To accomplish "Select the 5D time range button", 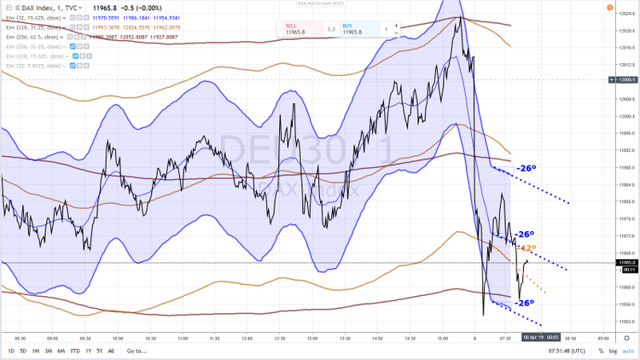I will point(23,351).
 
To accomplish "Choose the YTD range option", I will point(75,351).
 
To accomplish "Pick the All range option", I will point(111,351).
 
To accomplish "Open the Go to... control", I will point(137,351).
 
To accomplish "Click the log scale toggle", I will point(613,351).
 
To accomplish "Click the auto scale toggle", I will point(625,351).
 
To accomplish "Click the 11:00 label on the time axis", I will point(182,338).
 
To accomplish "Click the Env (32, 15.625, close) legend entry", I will point(32,17).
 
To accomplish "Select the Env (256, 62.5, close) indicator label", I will point(32,38).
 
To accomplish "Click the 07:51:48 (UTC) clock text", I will point(565,351).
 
